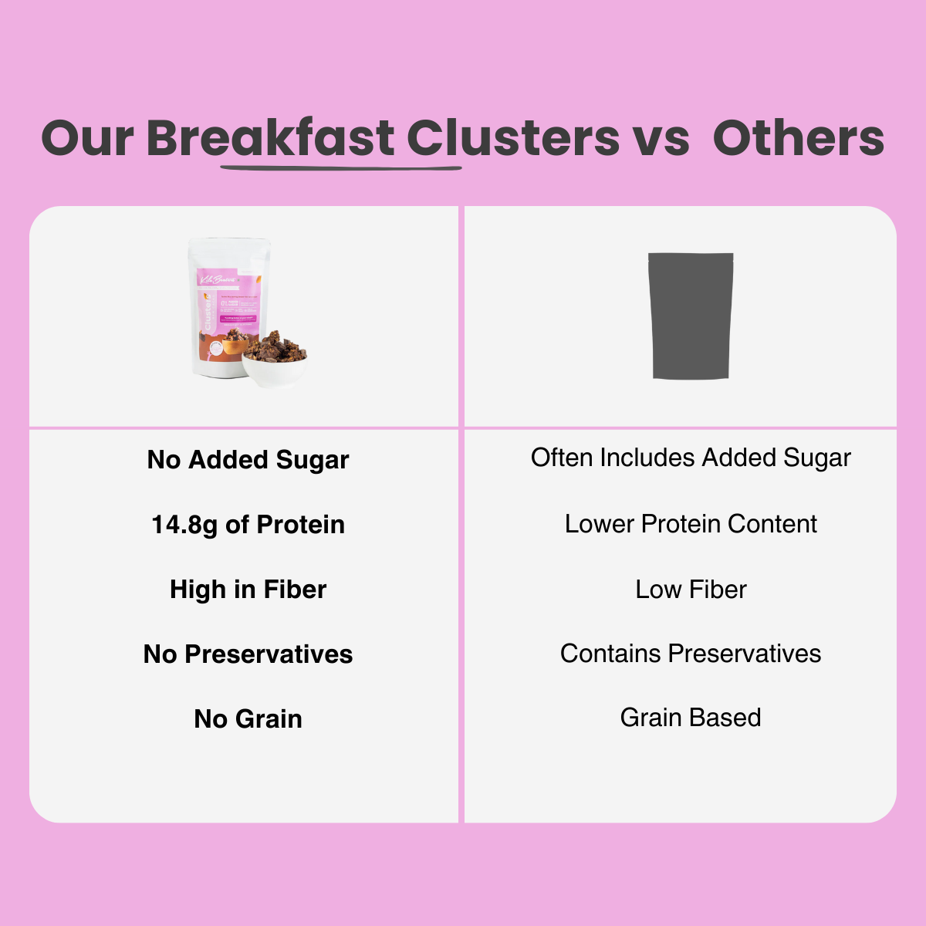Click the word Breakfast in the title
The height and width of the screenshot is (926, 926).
[270, 139]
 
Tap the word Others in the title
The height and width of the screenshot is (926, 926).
[798, 139]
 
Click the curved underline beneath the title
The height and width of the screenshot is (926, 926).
[340, 166]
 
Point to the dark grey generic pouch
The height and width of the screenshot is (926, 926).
[691, 316]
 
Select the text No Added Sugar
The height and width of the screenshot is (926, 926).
[248, 460]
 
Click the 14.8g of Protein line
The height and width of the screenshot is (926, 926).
[248, 525]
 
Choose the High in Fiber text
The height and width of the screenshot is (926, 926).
[248, 590]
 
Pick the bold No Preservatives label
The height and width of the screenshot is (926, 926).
[248, 654]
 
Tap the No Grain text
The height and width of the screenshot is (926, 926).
[248, 719]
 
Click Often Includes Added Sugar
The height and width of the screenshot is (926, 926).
[691, 458]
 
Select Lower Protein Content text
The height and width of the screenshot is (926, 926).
[691, 524]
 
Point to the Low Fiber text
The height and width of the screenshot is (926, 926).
[691, 590]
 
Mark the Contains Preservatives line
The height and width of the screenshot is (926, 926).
[691, 654]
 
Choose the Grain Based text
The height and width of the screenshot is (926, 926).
[691, 718]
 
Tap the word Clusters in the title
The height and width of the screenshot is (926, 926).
[513, 139]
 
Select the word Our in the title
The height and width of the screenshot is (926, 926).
[87, 139]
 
